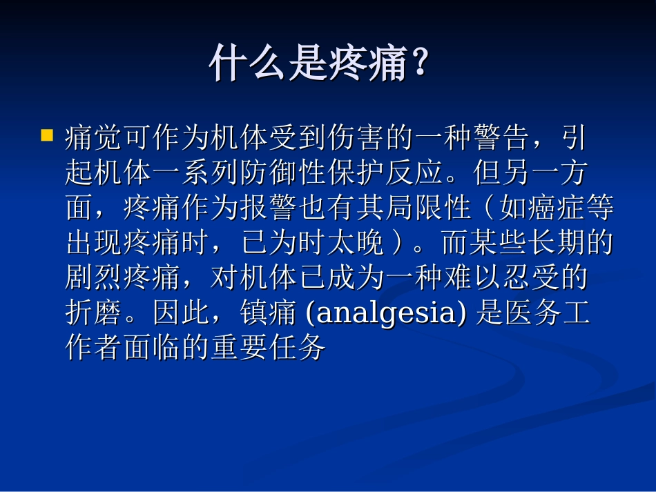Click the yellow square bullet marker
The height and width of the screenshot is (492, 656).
(47, 134)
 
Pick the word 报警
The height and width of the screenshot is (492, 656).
(254, 208)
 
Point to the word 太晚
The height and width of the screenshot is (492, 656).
(356, 244)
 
